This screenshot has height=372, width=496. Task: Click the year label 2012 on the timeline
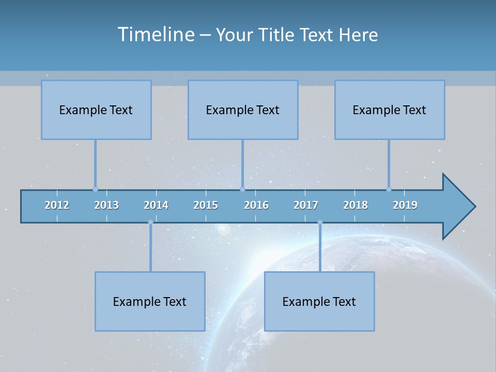click(57, 205)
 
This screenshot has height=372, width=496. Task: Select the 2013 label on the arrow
click(106, 205)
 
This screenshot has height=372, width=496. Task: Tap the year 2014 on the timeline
click(156, 205)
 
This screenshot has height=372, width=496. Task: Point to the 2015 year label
click(206, 205)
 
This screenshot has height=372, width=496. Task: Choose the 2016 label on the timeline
click(256, 205)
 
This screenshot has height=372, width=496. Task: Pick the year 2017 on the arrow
click(306, 205)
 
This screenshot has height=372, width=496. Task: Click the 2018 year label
click(355, 205)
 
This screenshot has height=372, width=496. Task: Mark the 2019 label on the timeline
click(405, 205)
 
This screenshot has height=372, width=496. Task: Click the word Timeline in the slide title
click(156, 35)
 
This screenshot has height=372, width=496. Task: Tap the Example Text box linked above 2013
click(96, 110)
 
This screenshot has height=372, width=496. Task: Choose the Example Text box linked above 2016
click(243, 110)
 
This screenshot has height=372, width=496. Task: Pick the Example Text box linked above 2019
click(390, 110)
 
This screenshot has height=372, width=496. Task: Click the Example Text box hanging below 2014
click(150, 301)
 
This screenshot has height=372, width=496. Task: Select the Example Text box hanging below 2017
click(319, 301)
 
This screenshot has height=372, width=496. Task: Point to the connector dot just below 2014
click(150, 222)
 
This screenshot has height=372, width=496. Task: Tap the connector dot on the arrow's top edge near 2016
click(242, 189)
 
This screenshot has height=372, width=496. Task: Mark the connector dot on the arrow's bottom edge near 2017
click(320, 222)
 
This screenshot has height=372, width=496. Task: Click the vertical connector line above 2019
click(389, 164)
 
